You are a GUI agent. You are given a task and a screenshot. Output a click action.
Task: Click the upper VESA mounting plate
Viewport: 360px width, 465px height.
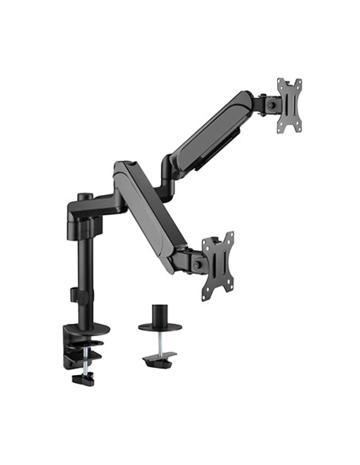pos(289,105)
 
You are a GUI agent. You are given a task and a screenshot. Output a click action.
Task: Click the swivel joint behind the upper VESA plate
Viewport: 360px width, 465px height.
pos(270,104)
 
